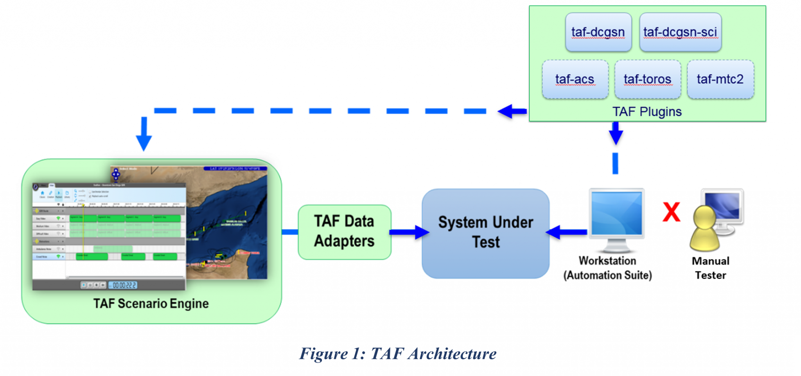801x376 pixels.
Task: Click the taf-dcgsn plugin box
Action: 598,32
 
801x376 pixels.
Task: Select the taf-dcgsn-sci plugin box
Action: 680,32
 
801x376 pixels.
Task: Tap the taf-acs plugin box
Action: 575,79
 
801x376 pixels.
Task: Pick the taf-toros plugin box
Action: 647,79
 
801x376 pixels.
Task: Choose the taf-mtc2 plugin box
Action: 720,79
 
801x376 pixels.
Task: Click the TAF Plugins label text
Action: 647,112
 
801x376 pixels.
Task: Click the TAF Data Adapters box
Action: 345,232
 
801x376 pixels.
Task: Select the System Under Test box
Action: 485,233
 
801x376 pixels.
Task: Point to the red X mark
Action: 672,212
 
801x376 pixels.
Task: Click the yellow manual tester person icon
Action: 705,231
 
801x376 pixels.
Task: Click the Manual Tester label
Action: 710,268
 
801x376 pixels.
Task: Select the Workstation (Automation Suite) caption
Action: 607,268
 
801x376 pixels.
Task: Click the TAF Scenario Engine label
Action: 151,304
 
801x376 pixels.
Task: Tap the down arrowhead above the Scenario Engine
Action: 144,141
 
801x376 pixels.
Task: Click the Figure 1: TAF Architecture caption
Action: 398,354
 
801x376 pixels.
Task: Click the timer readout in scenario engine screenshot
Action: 124,285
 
